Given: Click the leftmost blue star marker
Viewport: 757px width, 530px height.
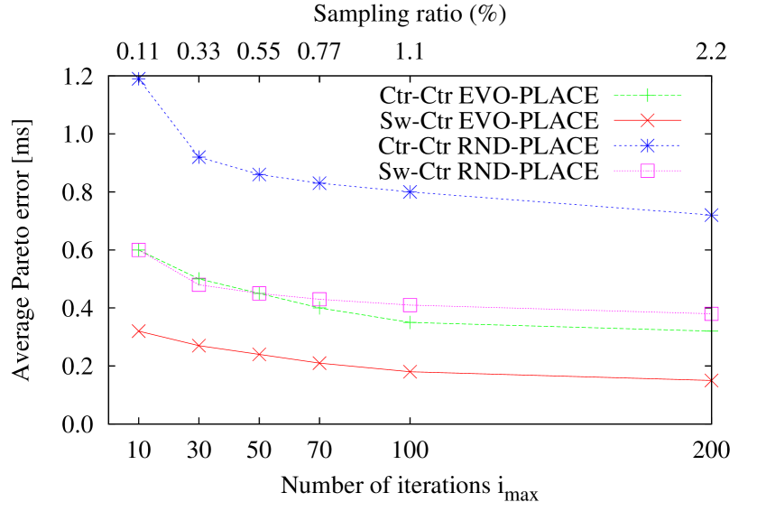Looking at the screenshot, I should point(139,79).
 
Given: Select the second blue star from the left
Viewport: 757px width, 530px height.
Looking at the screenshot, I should point(199,157).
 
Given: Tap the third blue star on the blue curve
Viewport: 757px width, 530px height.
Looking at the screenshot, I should point(260,174).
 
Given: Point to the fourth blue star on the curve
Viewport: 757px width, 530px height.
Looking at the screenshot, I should point(319,183).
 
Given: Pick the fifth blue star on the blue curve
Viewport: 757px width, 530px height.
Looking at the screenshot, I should point(410,191).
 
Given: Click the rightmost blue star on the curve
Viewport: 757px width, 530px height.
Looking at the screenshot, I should point(711,214).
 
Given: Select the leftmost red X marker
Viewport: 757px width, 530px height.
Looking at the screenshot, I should point(139,331).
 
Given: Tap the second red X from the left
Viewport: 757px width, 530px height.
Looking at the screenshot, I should point(199,345).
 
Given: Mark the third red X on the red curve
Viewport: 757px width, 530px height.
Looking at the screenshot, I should point(260,354).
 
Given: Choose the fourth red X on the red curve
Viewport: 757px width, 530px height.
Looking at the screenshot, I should point(319,363).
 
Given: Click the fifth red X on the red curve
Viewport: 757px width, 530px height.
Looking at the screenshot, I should point(410,371).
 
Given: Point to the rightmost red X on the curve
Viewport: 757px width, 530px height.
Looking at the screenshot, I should point(711,380).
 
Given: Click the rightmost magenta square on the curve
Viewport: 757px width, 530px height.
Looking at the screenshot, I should point(711,313).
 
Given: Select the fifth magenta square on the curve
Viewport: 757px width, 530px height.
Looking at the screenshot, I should point(410,305).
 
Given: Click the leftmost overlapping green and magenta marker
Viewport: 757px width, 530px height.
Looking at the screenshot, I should point(139,250).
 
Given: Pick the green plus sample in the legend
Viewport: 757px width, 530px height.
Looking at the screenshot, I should point(647,95).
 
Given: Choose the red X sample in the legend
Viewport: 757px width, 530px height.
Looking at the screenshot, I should point(647,120).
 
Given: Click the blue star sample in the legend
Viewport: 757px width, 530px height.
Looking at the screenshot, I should point(647,145).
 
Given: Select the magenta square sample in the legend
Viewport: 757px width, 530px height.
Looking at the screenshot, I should point(647,171).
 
